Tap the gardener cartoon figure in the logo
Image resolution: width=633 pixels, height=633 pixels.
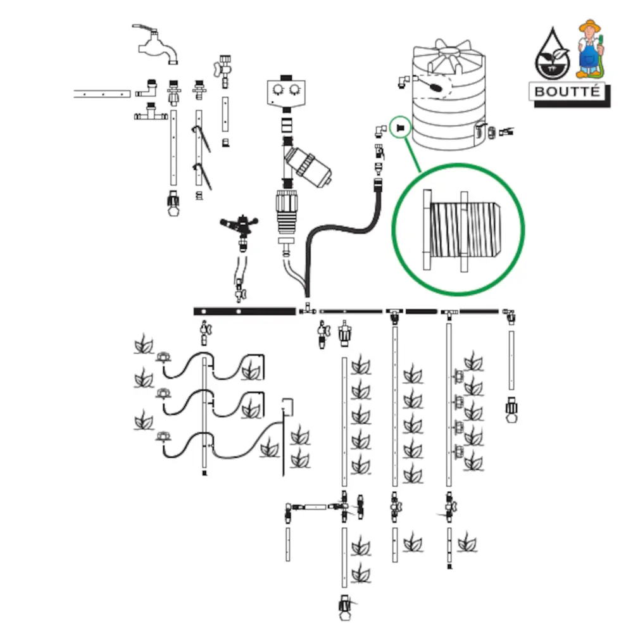tap(590, 47)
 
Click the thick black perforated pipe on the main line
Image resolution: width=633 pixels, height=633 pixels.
tap(244, 311)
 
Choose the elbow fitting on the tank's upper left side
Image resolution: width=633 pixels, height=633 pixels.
tap(403, 80)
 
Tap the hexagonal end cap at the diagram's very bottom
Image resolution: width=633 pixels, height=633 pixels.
tap(345, 611)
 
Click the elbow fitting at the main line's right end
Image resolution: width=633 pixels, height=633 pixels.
tap(509, 313)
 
